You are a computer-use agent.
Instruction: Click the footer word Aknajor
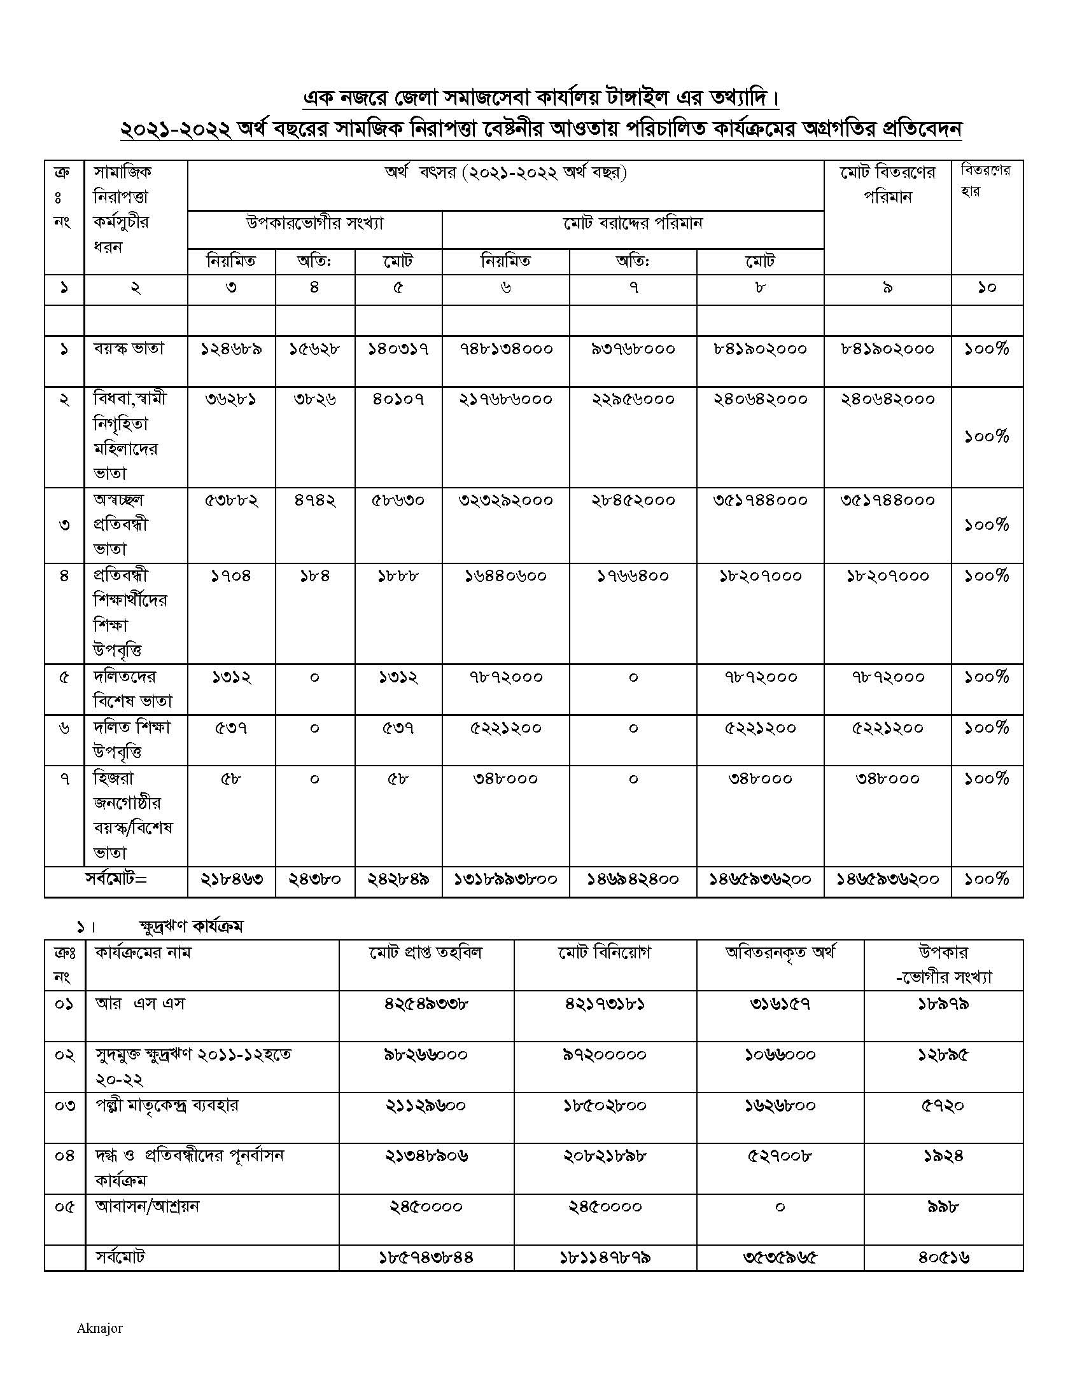(x=99, y=1328)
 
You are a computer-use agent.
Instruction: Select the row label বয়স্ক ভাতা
(x=129, y=349)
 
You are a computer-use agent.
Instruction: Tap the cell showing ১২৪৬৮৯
(x=231, y=349)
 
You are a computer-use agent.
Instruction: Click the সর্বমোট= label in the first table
(x=116, y=879)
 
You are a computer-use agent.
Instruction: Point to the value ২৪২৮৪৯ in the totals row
(x=398, y=879)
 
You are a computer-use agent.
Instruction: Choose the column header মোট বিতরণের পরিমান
(x=888, y=184)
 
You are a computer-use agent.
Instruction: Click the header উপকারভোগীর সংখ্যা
(x=314, y=224)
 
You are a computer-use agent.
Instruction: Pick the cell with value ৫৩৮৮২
(x=231, y=500)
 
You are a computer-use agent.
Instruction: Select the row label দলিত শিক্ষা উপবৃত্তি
(x=131, y=739)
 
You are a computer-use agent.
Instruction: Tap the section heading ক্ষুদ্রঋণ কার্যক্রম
(x=191, y=927)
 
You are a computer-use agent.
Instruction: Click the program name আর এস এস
(x=140, y=1003)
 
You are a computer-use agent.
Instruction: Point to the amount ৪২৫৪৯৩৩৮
(x=426, y=1003)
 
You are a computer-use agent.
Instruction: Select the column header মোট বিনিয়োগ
(x=605, y=953)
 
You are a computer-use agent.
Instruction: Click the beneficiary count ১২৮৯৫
(x=943, y=1054)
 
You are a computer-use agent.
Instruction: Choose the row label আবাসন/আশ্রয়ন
(x=148, y=1206)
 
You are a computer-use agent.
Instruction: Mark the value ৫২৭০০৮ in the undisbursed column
(x=780, y=1155)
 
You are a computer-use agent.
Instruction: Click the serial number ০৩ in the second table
(x=65, y=1106)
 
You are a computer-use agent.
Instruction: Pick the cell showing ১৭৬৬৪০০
(x=633, y=577)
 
